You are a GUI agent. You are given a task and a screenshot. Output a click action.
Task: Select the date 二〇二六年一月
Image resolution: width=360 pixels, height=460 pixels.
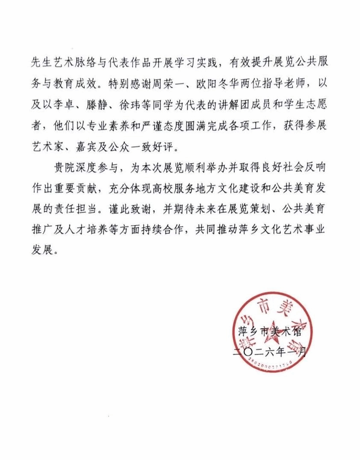[x=269, y=353]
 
